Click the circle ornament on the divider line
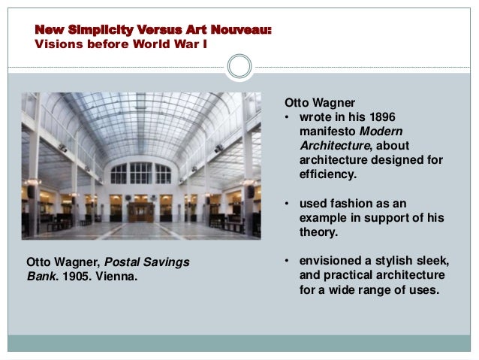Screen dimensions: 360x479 click(x=239, y=66)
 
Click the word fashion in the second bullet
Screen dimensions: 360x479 click(x=351, y=204)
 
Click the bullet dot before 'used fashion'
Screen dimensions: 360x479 click(x=287, y=204)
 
